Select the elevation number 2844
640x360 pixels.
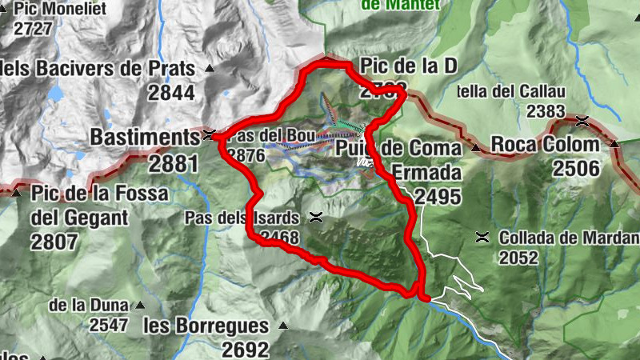171,93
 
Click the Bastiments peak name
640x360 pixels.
143,137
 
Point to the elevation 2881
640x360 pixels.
172,164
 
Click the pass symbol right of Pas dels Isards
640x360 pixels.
317,217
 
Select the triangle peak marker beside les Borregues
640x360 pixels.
282,326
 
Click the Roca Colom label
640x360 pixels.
545,145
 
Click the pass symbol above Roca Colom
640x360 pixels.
582,121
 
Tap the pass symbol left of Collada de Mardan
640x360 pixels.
482,237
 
